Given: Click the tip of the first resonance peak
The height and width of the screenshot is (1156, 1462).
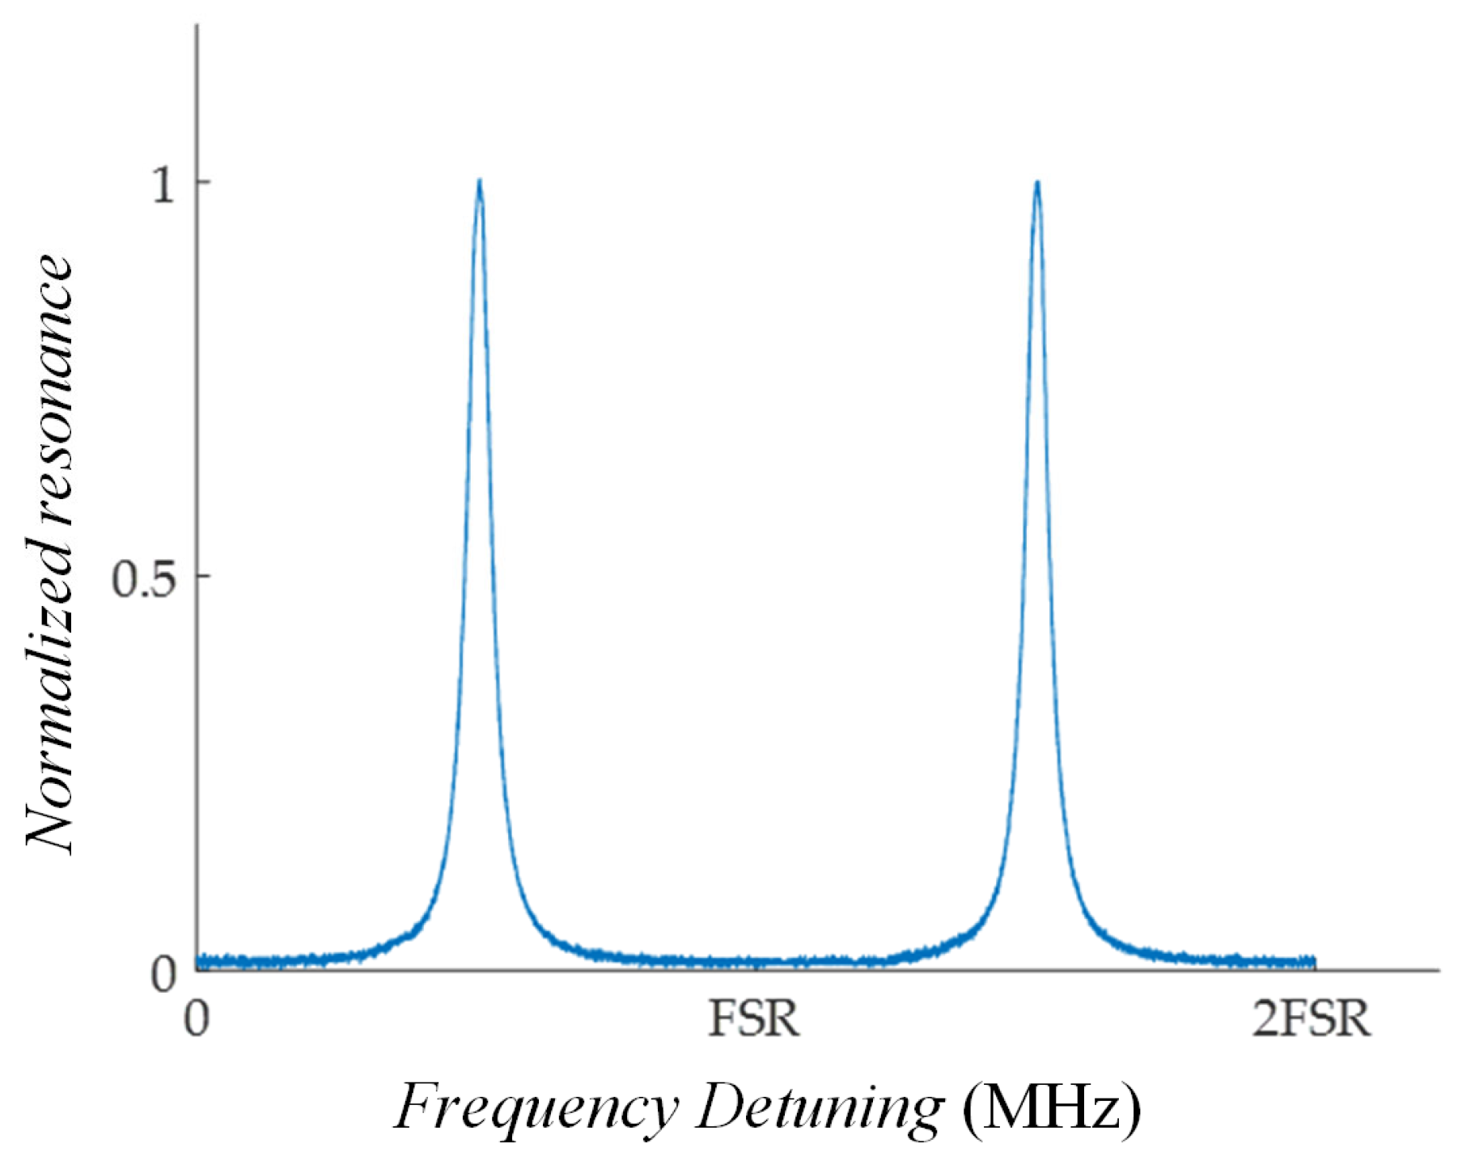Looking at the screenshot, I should click(x=480, y=181).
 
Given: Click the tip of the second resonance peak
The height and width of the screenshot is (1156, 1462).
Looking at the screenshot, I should click(x=1036, y=182).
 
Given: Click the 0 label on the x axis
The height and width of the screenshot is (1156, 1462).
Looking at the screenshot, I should click(x=197, y=1019).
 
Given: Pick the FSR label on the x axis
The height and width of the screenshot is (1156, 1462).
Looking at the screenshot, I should click(x=754, y=1019).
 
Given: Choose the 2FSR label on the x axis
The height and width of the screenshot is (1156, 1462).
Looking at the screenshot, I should click(x=1311, y=1019).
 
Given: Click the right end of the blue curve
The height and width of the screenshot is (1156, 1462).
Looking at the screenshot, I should click(x=1315, y=962).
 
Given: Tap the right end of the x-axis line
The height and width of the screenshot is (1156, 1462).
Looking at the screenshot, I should click(x=1439, y=969).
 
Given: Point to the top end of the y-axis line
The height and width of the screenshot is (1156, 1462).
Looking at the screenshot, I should click(x=197, y=26).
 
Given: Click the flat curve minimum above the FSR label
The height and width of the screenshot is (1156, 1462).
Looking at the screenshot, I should click(x=754, y=962).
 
